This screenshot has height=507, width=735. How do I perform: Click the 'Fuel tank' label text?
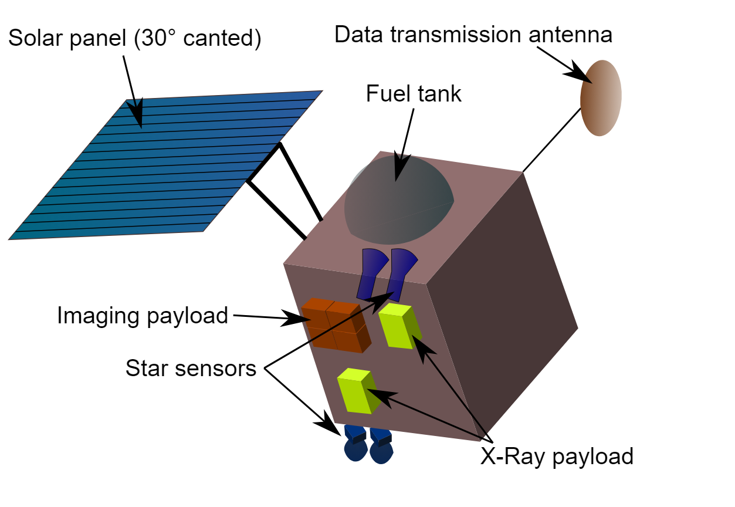(x=414, y=94)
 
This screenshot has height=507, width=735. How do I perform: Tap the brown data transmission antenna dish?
(x=601, y=98)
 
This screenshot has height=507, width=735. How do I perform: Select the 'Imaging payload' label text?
(x=143, y=316)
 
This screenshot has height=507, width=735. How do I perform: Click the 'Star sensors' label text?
(x=191, y=369)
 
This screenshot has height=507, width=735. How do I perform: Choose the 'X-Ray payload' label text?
(x=557, y=456)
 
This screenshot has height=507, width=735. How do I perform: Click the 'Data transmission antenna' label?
(x=473, y=35)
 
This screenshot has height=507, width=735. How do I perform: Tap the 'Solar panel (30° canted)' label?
(x=134, y=39)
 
